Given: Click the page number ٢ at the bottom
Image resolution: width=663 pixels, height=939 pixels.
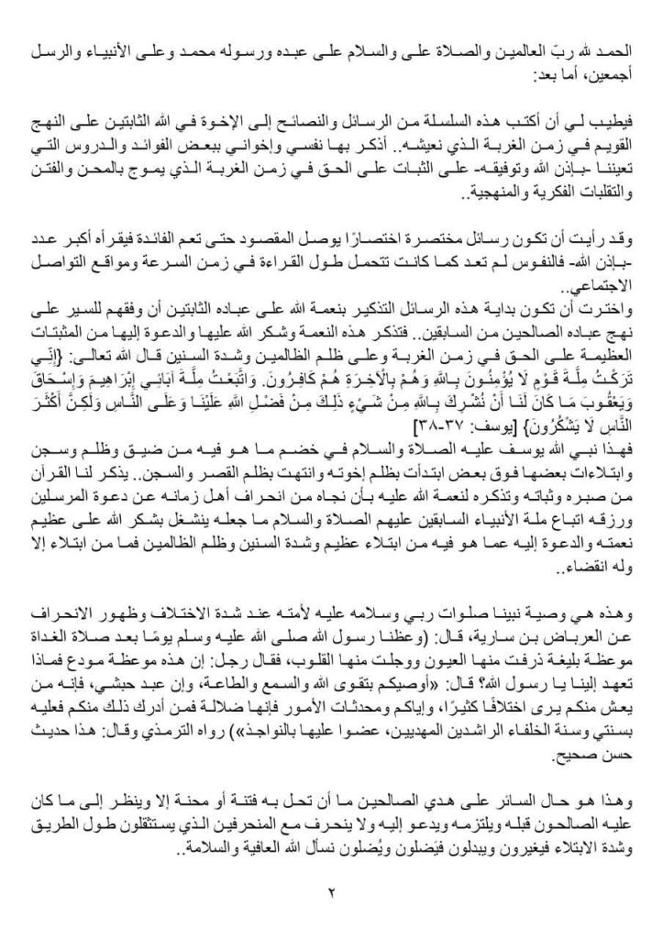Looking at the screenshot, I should (x=331, y=890).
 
